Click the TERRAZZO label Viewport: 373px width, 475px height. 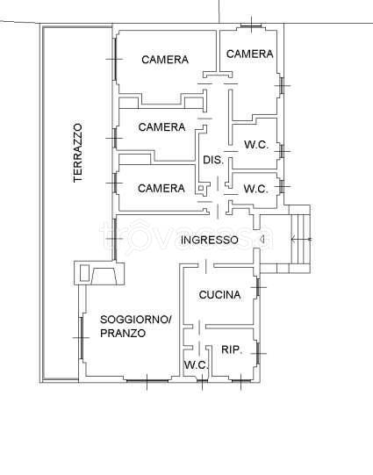point(78,153)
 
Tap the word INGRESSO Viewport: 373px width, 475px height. point(210,240)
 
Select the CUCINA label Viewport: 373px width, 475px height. point(219,295)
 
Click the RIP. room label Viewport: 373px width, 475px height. point(232,350)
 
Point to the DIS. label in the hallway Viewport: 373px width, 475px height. point(213,160)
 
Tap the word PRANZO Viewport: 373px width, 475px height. point(123,334)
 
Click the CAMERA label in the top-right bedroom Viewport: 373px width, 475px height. point(250,54)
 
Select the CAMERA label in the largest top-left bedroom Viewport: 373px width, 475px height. point(165,60)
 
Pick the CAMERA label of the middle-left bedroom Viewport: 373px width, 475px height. point(161,127)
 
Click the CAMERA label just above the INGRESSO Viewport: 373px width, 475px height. point(161,188)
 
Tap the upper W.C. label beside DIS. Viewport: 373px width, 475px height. point(256,145)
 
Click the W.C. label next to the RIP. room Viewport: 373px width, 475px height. point(197,364)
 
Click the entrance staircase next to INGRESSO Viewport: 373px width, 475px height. point(300,240)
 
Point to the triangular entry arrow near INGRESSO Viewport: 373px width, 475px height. point(262,240)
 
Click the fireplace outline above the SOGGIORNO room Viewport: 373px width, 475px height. point(99,273)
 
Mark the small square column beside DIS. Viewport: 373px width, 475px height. point(201,188)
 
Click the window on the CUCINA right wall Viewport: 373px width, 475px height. point(258,287)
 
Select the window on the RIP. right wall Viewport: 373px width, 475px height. point(258,353)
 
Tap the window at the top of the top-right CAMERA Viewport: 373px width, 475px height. point(251,25)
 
